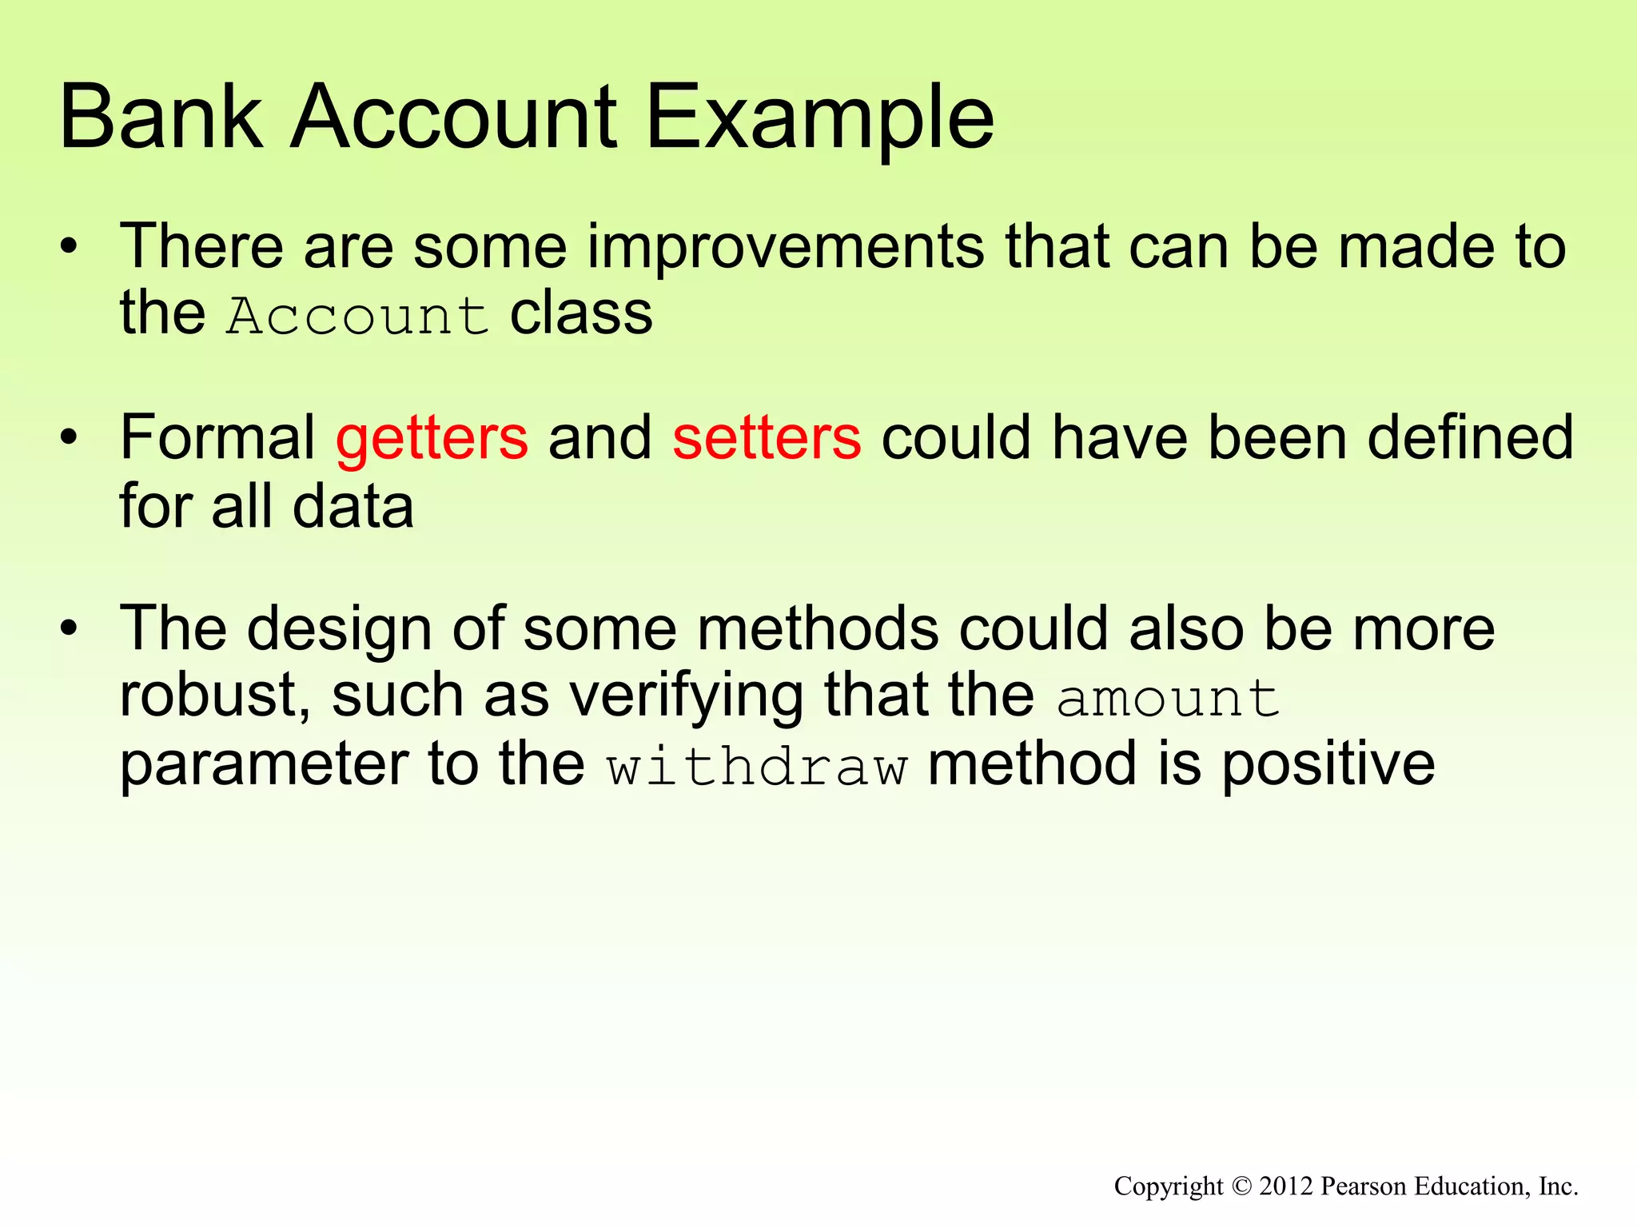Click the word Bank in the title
point(160,118)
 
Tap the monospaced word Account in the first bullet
point(357,315)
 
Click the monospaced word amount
point(1168,698)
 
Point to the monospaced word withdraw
point(756,767)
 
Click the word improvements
point(787,246)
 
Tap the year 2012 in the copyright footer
point(1286,1186)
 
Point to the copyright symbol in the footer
point(1241,1186)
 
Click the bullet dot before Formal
point(70,438)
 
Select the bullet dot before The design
point(70,628)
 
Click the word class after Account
point(581,313)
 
